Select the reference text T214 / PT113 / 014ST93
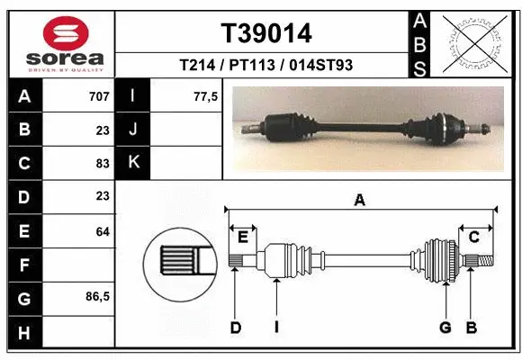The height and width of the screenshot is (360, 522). [266, 65]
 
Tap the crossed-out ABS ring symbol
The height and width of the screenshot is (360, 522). [475, 43]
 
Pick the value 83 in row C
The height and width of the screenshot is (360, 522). [102, 163]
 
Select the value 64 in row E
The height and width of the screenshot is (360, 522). [102, 231]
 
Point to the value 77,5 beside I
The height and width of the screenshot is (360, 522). [206, 96]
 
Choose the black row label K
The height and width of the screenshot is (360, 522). [133, 163]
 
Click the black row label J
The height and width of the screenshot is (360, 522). [133, 130]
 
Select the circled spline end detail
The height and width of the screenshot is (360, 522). [180, 260]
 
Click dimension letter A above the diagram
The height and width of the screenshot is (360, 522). [360, 202]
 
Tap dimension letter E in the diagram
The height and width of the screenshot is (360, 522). [242, 237]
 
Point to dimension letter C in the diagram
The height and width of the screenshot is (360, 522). [473, 237]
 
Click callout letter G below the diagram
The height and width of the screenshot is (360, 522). [445, 328]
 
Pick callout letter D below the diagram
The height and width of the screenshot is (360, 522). [235, 328]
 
